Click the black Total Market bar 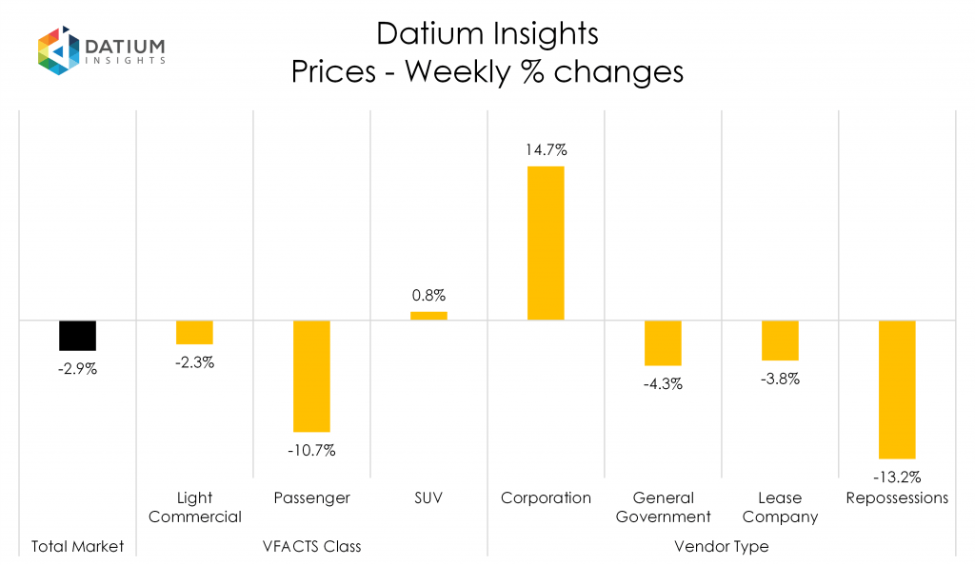coord(77,335)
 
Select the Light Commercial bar coord(194,332)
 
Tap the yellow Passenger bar coord(311,376)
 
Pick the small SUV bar coord(428,316)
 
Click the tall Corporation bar coord(546,243)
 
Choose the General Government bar coord(663,342)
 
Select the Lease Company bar coord(780,341)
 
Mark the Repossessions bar coord(897,389)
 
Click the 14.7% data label coord(546,150)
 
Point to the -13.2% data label coord(897,477)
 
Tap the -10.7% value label coord(311,450)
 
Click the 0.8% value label coord(428,295)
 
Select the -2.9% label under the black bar coord(77,368)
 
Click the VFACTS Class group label coord(311,547)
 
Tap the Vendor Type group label coord(721,547)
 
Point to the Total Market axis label coord(77,547)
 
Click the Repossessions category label coord(897,498)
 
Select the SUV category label coord(428,498)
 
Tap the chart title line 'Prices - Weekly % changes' coord(487,72)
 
